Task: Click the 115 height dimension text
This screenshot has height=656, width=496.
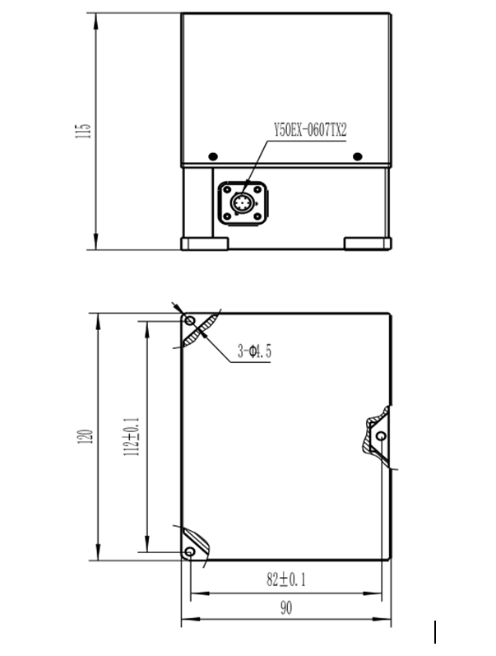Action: [x=81, y=131]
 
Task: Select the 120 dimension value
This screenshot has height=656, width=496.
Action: [x=84, y=437]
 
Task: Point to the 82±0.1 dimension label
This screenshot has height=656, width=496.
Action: [x=285, y=579]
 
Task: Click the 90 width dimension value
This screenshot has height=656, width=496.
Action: [x=285, y=608]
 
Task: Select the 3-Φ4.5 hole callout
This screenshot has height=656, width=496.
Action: [x=254, y=352]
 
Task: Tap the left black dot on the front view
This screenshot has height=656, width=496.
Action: [x=213, y=156]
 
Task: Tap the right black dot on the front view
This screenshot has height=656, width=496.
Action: [x=357, y=156]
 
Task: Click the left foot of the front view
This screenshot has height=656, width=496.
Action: [x=204, y=244]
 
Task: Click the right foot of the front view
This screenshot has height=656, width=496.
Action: [x=368, y=244]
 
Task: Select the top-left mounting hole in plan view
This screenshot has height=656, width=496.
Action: [x=190, y=320]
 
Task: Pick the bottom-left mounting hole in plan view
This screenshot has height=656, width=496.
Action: [x=190, y=551]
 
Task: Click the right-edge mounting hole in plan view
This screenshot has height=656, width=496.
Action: [x=381, y=435]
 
